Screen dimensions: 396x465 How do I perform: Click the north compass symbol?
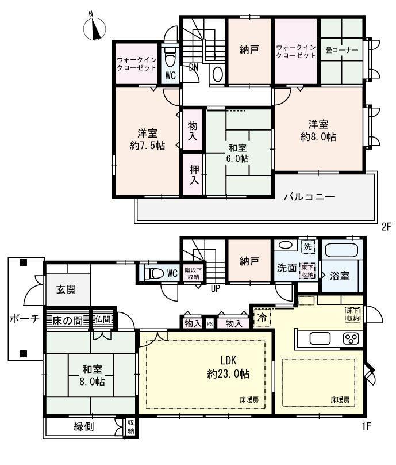(95, 29)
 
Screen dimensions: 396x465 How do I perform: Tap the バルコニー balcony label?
(309, 197)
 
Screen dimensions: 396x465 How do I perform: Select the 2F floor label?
(386, 227)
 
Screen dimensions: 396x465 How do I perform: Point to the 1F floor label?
(366, 426)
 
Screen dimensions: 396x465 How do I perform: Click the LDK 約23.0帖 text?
(228, 367)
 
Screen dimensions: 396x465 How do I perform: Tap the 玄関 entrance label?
(66, 289)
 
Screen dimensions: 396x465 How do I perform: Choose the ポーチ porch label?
(24, 319)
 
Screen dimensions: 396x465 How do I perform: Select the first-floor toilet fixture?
(153, 273)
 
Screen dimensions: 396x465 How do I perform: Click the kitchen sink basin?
(320, 338)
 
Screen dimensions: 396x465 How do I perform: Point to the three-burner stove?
(351, 338)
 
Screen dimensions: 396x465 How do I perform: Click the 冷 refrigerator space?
(262, 318)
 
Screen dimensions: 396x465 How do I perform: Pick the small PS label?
(210, 324)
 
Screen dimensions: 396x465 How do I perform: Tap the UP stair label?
(216, 288)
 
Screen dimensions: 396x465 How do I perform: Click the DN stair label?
(194, 67)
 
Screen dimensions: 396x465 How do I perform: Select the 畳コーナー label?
(342, 50)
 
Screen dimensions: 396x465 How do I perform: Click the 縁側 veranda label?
(84, 426)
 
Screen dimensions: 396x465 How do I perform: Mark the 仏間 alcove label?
(102, 319)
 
